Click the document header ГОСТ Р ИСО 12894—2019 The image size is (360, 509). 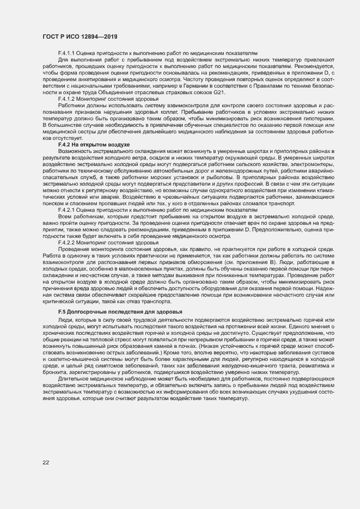80,36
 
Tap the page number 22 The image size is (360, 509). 46,462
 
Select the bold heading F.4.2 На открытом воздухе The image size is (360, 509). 93,144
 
